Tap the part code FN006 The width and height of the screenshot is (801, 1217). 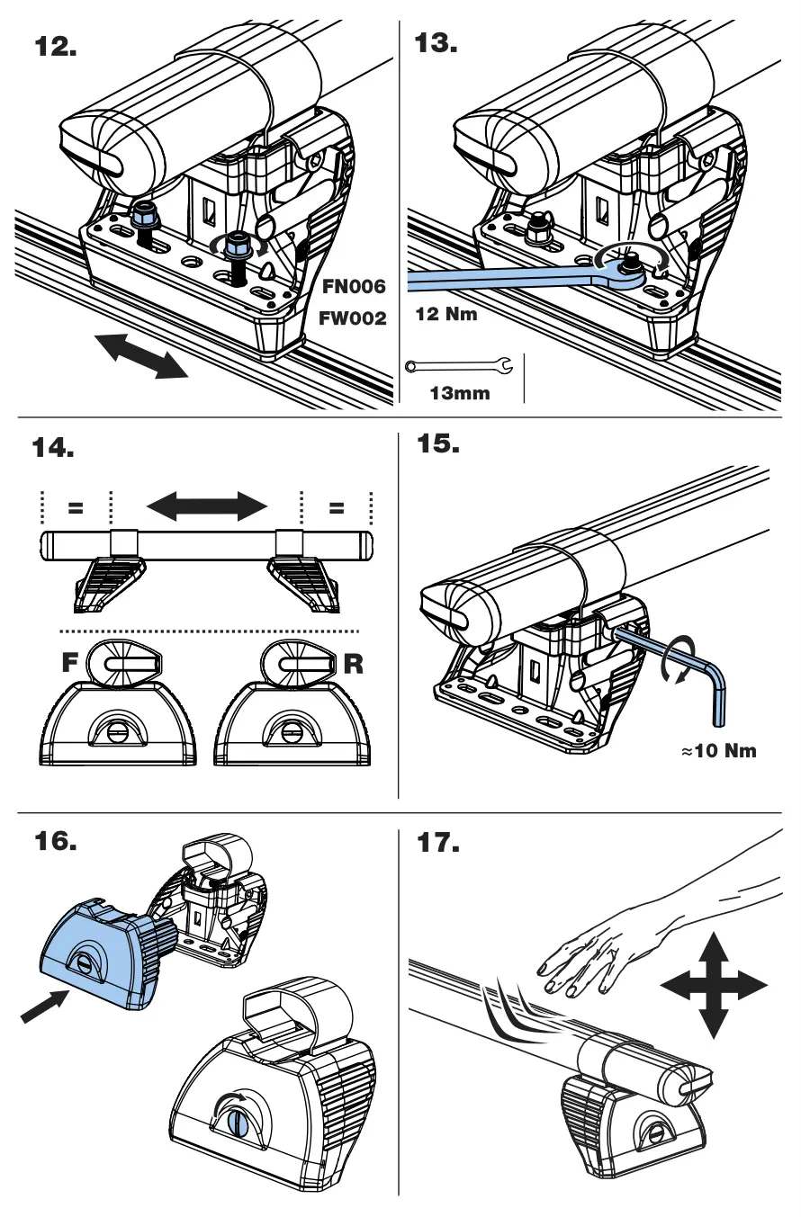click(x=354, y=287)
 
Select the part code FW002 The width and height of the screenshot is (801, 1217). click(x=353, y=318)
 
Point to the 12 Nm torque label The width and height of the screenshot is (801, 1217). click(x=446, y=315)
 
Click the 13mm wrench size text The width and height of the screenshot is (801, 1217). click(x=459, y=393)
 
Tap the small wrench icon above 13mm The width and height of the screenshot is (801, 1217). click(x=459, y=366)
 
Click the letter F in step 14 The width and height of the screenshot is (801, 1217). click(x=69, y=665)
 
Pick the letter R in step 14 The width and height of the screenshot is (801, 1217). click(x=354, y=665)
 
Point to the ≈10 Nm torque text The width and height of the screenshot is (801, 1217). click(x=718, y=750)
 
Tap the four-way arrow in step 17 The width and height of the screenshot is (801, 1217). click(x=715, y=986)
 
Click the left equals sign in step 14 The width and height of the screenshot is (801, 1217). click(x=76, y=507)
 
